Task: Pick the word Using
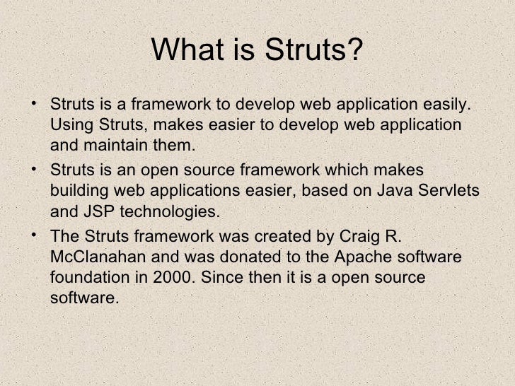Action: point(70,126)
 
